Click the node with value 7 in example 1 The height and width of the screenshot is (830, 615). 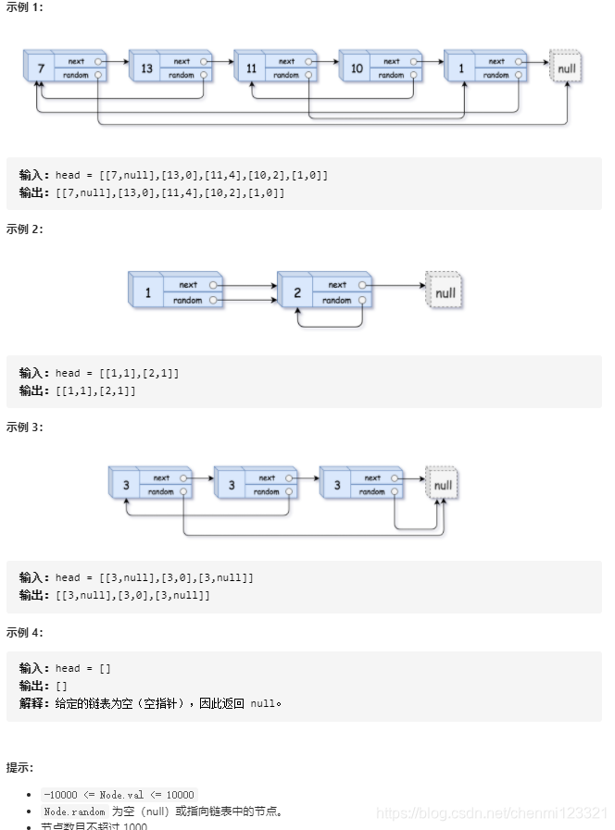(x=40, y=68)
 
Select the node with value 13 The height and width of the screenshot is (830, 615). (x=146, y=68)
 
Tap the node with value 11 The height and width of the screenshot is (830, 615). (x=251, y=68)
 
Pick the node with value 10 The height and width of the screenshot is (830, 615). (x=356, y=68)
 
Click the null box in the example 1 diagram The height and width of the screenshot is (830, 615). (x=566, y=68)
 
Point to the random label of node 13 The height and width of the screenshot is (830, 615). (x=182, y=75)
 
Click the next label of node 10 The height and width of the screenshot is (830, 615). (x=392, y=61)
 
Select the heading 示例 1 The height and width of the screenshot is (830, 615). (x=24, y=7)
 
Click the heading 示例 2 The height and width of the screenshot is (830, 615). (x=24, y=229)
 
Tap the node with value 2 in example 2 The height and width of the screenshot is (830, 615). (x=296, y=292)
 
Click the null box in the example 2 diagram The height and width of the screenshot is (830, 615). (x=446, y=292)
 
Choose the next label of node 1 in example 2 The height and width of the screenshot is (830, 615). (x=188, y=285)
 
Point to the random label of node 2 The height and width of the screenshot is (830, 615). (x=337, y=300)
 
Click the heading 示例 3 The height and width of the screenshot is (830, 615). (x=24, y=427)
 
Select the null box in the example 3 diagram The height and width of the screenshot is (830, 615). (x=443, y=485)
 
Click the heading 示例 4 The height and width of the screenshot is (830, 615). (x=24, y=633)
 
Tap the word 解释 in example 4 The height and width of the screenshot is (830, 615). (x=34, y=703)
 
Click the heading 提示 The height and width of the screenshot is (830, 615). (x=20, y=768)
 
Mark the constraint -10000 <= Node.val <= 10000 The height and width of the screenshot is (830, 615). (x=119, y=795)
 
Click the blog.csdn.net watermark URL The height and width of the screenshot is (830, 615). (x=491, y=812)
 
